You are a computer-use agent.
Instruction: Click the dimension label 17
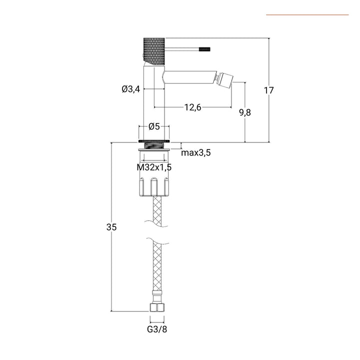pyautogui.click(x=268, y=90)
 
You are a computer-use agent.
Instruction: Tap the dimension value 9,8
pyautogui.click(x=245, y=112)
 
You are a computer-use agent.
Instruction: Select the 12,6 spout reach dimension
pyautogui.click(x=193, y=107)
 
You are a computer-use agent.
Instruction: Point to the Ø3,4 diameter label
pyautogui.click(x=131, y=89)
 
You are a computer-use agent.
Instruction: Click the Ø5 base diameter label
pyautogui.click(x=154, y=126)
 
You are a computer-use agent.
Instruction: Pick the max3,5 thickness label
pyautogui.click(x=196, y=152)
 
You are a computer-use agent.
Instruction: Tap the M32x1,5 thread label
pyautogui.click(x=154, y=167)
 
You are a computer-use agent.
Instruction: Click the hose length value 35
pyautogui.click(x=111, y=227)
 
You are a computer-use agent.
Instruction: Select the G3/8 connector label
pyautogui.click(x=157, y=329)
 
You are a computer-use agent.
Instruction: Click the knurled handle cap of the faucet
pyautogui.click(x=154, y=51)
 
